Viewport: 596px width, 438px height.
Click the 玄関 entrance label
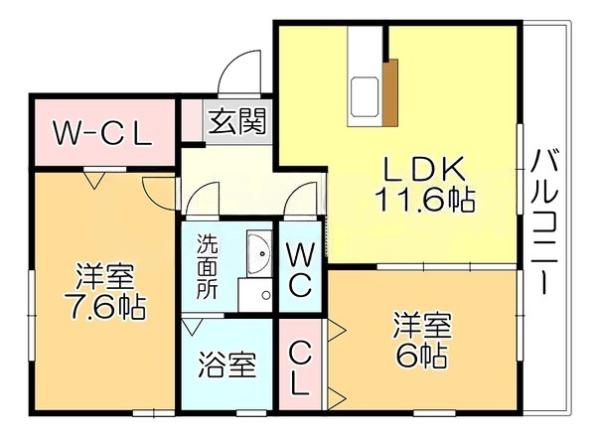tap(236, 121)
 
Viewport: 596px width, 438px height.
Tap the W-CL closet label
tap(102, 133)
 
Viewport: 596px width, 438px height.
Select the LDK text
tap(424, 169)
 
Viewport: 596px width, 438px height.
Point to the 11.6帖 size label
tap(424, 200)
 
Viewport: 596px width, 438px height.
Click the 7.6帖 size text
tap(104, 307)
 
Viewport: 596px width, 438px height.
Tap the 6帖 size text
tap(421, 356)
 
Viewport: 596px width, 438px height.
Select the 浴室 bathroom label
tap(226, 365)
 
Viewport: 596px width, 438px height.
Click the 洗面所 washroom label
tap(208, 267)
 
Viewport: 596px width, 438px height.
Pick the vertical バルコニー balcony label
tap(544, 222)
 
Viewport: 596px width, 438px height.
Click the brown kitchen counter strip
tap(390, 92)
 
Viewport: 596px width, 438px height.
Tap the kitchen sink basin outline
tap(365, 96)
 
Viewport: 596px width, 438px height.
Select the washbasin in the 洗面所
tap(259, 253)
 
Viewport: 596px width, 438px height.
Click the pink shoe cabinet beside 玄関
tap(192, 120)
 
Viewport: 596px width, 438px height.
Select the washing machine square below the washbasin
tap(255, 295)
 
